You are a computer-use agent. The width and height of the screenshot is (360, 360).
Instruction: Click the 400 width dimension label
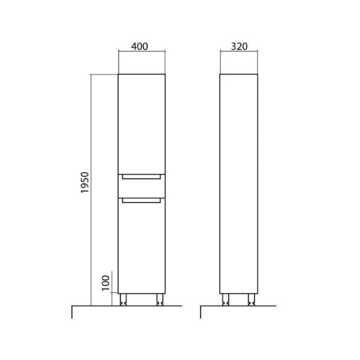tap(139, 47)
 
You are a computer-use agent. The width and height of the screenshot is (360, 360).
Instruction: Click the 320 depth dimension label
tap(239, 47)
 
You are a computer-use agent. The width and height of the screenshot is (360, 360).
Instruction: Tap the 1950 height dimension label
tap(85, 182)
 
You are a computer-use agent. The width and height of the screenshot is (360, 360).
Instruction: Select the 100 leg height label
tap(106, 283)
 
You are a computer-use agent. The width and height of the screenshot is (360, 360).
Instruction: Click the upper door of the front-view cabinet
tap(142, 124)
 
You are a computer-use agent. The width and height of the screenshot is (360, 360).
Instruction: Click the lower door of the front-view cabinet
tap(142, 245)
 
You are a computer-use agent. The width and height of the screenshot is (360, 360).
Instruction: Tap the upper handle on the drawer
tap(142, 177)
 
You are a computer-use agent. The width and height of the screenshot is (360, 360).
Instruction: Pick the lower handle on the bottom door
tap(142, 200)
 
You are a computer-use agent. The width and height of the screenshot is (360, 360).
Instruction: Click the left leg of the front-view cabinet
tap(123, 299)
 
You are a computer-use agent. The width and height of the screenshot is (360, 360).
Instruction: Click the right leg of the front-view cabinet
tap(160, 299)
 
